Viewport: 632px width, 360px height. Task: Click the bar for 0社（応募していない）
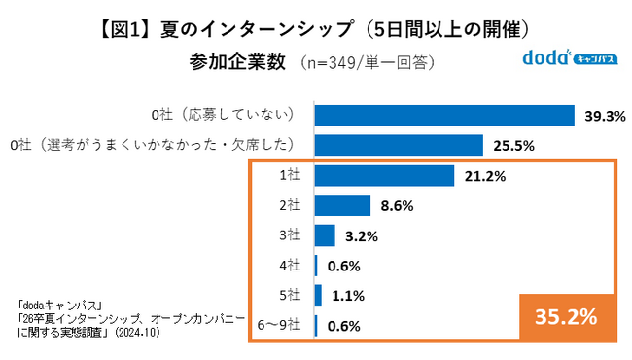(x=445, y=115)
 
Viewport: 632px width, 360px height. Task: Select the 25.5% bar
(x=399, y=145)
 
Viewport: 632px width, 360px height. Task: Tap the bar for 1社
(x=385, y=176)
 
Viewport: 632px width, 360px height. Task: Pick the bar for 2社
(x=342, y=205)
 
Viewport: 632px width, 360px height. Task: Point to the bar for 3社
(x=325, y=235)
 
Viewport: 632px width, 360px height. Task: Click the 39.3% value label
(x=604, y=116)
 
